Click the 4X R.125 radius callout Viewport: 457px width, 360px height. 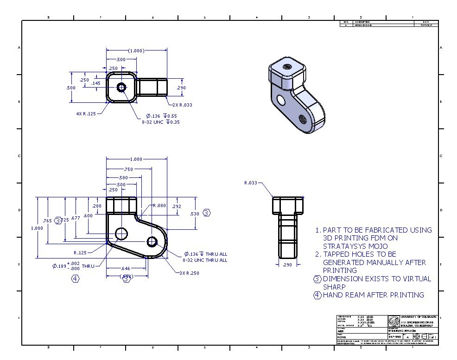click(x=86, y=114)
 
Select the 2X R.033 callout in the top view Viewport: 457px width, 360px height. click(x=182, y=105)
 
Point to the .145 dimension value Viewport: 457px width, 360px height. click(x=96, y=83)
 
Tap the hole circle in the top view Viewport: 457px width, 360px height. click(x=122, y=87)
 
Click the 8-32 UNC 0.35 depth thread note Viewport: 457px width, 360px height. click(x=161, y=122)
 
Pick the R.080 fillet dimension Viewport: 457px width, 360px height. click(x=159, y=205)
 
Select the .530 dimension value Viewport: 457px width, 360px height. click(x=195, y=213)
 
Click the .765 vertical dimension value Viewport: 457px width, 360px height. click(x=47, y=221)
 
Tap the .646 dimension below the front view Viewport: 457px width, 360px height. click(x=125, y=268)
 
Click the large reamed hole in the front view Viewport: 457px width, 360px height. click(x=121, y=233)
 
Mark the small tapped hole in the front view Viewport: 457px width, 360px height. click(x=152, y=241)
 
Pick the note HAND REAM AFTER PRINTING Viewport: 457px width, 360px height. click(x=373, y=295)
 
